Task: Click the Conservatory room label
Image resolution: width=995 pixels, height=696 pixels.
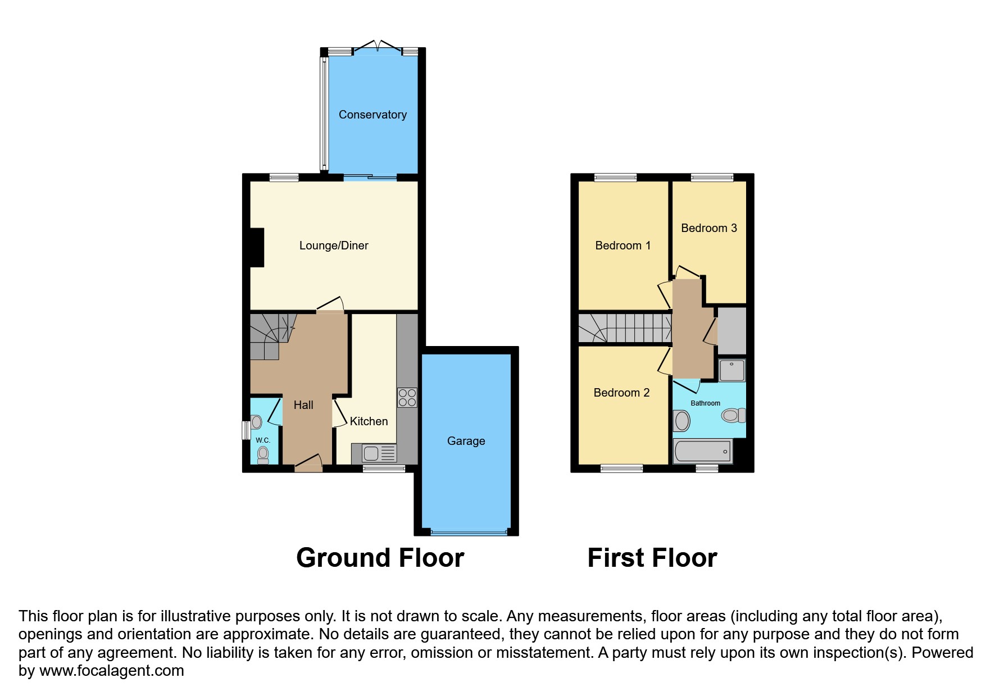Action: coord(372,115)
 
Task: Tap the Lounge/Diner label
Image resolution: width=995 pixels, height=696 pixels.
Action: coord(334,245)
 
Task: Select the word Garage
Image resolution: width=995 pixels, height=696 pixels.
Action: coord(466,441)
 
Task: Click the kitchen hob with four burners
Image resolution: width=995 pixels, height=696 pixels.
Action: coord(407,398)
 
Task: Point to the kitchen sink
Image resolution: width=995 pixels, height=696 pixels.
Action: coord(374,453)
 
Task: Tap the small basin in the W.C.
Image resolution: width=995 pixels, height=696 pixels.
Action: coord(257,422)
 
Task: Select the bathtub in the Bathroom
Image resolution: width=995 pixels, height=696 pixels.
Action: coord(702,452)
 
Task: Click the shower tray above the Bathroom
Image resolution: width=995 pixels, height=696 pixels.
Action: coord(732,371)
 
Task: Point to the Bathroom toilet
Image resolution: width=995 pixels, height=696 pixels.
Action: coord(733,416)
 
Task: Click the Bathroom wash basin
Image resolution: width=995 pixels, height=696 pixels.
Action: coord(682,421)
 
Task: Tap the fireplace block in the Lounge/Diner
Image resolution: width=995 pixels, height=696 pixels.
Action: coord(257,247)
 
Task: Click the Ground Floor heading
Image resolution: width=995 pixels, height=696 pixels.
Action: coord(380,558)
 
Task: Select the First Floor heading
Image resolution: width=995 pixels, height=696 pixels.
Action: coord(652,558)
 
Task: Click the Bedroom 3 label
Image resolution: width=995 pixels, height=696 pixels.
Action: coord(708,228)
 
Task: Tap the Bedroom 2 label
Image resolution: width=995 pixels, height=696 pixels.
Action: coord(621,393)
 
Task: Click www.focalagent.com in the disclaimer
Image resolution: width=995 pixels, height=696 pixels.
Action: coord(111,671)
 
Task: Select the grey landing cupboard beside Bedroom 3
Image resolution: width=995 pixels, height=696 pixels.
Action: coord(732,331)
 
